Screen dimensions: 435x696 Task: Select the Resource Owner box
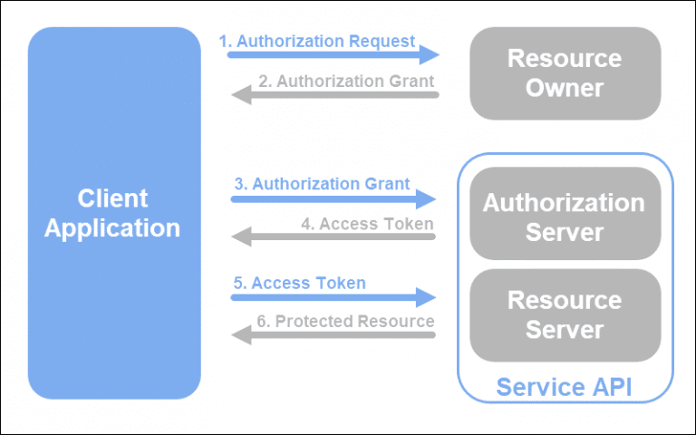(565, 73)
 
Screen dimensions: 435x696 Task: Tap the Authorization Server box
(565, 217)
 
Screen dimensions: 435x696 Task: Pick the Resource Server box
(565, 314)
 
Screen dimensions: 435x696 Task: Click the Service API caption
(564, 387)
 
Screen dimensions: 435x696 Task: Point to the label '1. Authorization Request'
(316, 41)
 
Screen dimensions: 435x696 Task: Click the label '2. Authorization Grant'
(346, 81)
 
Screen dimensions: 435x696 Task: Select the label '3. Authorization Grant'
(322, 184)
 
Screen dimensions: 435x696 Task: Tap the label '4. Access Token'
(367, 223)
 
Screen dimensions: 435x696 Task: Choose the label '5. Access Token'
(299, 283)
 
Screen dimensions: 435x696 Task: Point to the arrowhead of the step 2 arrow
(242, 93)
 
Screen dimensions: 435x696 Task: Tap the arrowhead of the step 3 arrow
(426, 198)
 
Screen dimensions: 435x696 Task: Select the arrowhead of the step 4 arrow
(242, 237)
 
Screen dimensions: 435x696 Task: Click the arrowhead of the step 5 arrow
(426, 296)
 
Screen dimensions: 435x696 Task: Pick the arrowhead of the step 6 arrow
(242, 334)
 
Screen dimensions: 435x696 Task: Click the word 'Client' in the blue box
(112, 198)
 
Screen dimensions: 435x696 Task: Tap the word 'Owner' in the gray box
(565, 89)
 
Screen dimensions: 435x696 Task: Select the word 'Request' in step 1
(382, 41)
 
